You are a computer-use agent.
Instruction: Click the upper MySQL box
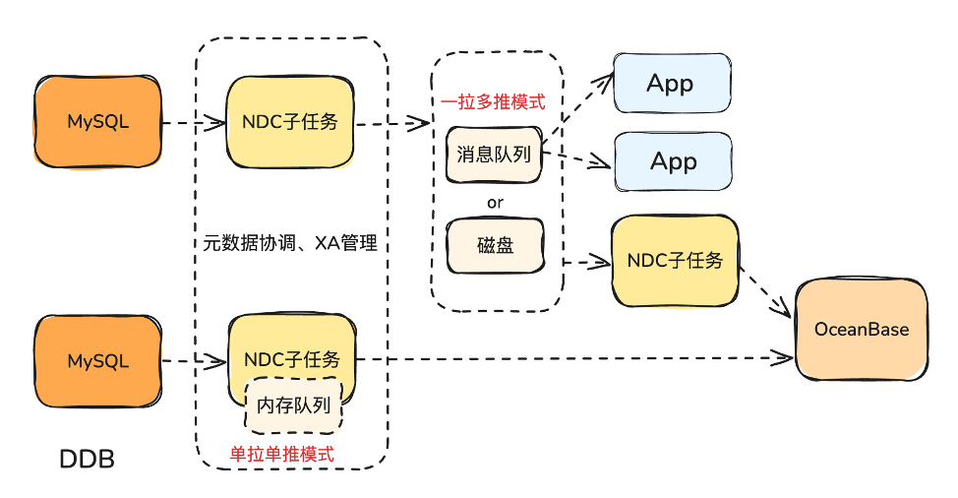97,123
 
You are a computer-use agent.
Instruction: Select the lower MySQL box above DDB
97,361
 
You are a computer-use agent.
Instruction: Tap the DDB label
88,458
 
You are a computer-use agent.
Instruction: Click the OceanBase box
862,330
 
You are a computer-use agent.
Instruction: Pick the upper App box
672,84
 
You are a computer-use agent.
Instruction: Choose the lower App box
674,161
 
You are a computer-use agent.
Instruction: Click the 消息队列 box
494,155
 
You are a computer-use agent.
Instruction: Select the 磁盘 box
494,245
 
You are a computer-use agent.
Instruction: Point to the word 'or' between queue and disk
495,202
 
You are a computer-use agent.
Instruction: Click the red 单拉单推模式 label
281,455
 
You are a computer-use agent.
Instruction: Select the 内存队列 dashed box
293,404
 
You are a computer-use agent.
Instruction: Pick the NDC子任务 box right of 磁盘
675,261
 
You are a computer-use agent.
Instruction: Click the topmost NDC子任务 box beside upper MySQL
290,123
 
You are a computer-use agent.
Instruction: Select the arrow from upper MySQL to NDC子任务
194,124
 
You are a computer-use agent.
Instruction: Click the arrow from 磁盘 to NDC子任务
587,262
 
